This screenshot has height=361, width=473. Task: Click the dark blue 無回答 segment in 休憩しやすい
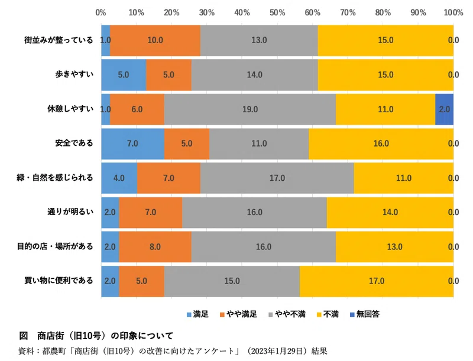445,109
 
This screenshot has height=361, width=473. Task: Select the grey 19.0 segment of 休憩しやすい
250,109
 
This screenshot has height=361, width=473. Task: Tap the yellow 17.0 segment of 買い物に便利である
377,281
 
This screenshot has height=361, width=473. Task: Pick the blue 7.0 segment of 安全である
132,144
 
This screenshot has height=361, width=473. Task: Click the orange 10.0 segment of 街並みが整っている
155,40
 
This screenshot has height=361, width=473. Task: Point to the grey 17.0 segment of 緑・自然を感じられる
277,178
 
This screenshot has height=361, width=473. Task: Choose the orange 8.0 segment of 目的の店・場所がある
155,247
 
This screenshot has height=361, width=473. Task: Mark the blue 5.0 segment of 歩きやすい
124,74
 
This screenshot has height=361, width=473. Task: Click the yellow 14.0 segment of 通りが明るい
390,213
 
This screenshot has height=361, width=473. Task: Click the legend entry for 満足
197,314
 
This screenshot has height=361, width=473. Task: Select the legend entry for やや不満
287,314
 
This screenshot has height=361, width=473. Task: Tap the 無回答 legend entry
365,314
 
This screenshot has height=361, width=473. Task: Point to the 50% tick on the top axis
277,12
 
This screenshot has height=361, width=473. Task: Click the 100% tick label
453,12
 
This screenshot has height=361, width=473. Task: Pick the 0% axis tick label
101,12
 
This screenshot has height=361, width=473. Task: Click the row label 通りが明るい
70,212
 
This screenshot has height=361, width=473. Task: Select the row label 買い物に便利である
59,281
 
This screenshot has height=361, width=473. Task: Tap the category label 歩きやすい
74,74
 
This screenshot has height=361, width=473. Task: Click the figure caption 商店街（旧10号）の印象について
105,336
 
